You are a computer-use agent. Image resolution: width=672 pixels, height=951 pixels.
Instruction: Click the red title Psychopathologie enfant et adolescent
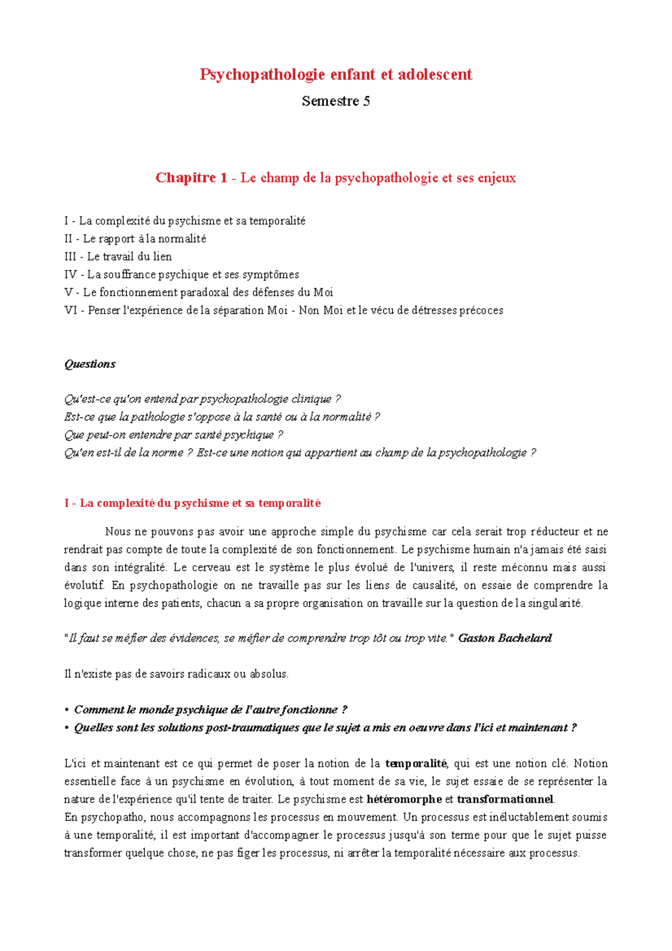coord(336,74)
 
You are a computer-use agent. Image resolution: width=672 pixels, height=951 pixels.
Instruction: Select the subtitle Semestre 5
coord(336,101)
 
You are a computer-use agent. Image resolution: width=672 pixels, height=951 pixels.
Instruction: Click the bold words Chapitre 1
coord(192,178)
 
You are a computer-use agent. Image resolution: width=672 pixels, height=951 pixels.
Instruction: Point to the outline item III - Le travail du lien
coord(118,257)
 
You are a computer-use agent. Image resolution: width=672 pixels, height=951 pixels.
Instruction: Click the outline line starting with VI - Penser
coord(283,310)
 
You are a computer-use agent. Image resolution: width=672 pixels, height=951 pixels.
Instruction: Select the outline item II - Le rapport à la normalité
coord(136,239)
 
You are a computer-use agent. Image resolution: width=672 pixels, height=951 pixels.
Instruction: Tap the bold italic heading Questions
coord(90,364)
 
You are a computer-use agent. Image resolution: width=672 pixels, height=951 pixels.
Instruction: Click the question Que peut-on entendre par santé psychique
coord(174,435)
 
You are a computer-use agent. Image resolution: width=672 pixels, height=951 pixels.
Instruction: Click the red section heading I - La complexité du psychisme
coord(193,503)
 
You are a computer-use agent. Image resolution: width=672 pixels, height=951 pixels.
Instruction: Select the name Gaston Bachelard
coord(505,638)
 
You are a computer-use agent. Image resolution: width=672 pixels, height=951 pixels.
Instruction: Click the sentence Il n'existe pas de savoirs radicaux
coord(176,674)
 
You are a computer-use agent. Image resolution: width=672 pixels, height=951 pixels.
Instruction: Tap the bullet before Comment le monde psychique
coord(67,710)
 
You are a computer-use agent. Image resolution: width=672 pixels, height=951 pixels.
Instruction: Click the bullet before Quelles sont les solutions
coord(67,728)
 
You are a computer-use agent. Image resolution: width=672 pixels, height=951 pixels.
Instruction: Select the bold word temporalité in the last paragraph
coord(416,763)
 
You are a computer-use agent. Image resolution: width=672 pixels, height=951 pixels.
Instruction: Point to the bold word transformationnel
coord(505,799)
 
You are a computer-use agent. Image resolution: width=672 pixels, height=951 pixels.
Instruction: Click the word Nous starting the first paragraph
coord(118,532)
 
